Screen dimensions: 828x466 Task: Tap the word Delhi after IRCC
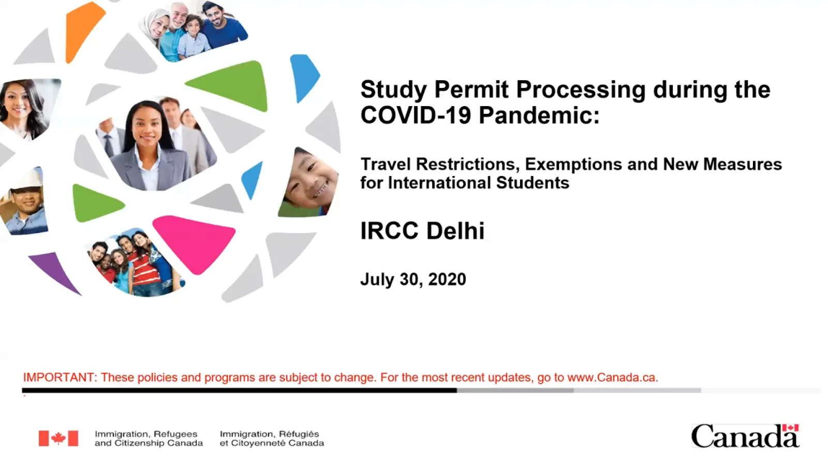pyautogui.click(x=455, y=231)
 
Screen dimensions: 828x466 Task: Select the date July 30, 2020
pyautogui.click(x=413, y=279)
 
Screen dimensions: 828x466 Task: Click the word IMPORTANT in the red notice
pyautogui.click(x=60, y=377)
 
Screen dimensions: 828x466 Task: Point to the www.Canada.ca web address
pyautogui.click(x=613, y=377)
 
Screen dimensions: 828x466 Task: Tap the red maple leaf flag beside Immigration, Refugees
pyautogui.click(x=58, y=438)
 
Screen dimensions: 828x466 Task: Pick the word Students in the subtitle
pyautogui.click(x=533, y=183)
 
